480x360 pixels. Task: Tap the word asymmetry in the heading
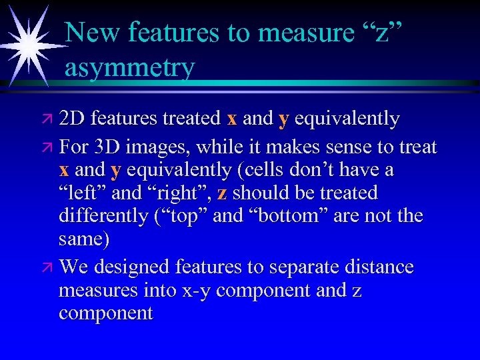130,67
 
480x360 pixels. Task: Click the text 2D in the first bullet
72,119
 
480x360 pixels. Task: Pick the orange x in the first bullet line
232,119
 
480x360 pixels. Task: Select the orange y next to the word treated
283,120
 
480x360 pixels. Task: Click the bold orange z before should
222,193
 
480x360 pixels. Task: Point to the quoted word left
83,193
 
